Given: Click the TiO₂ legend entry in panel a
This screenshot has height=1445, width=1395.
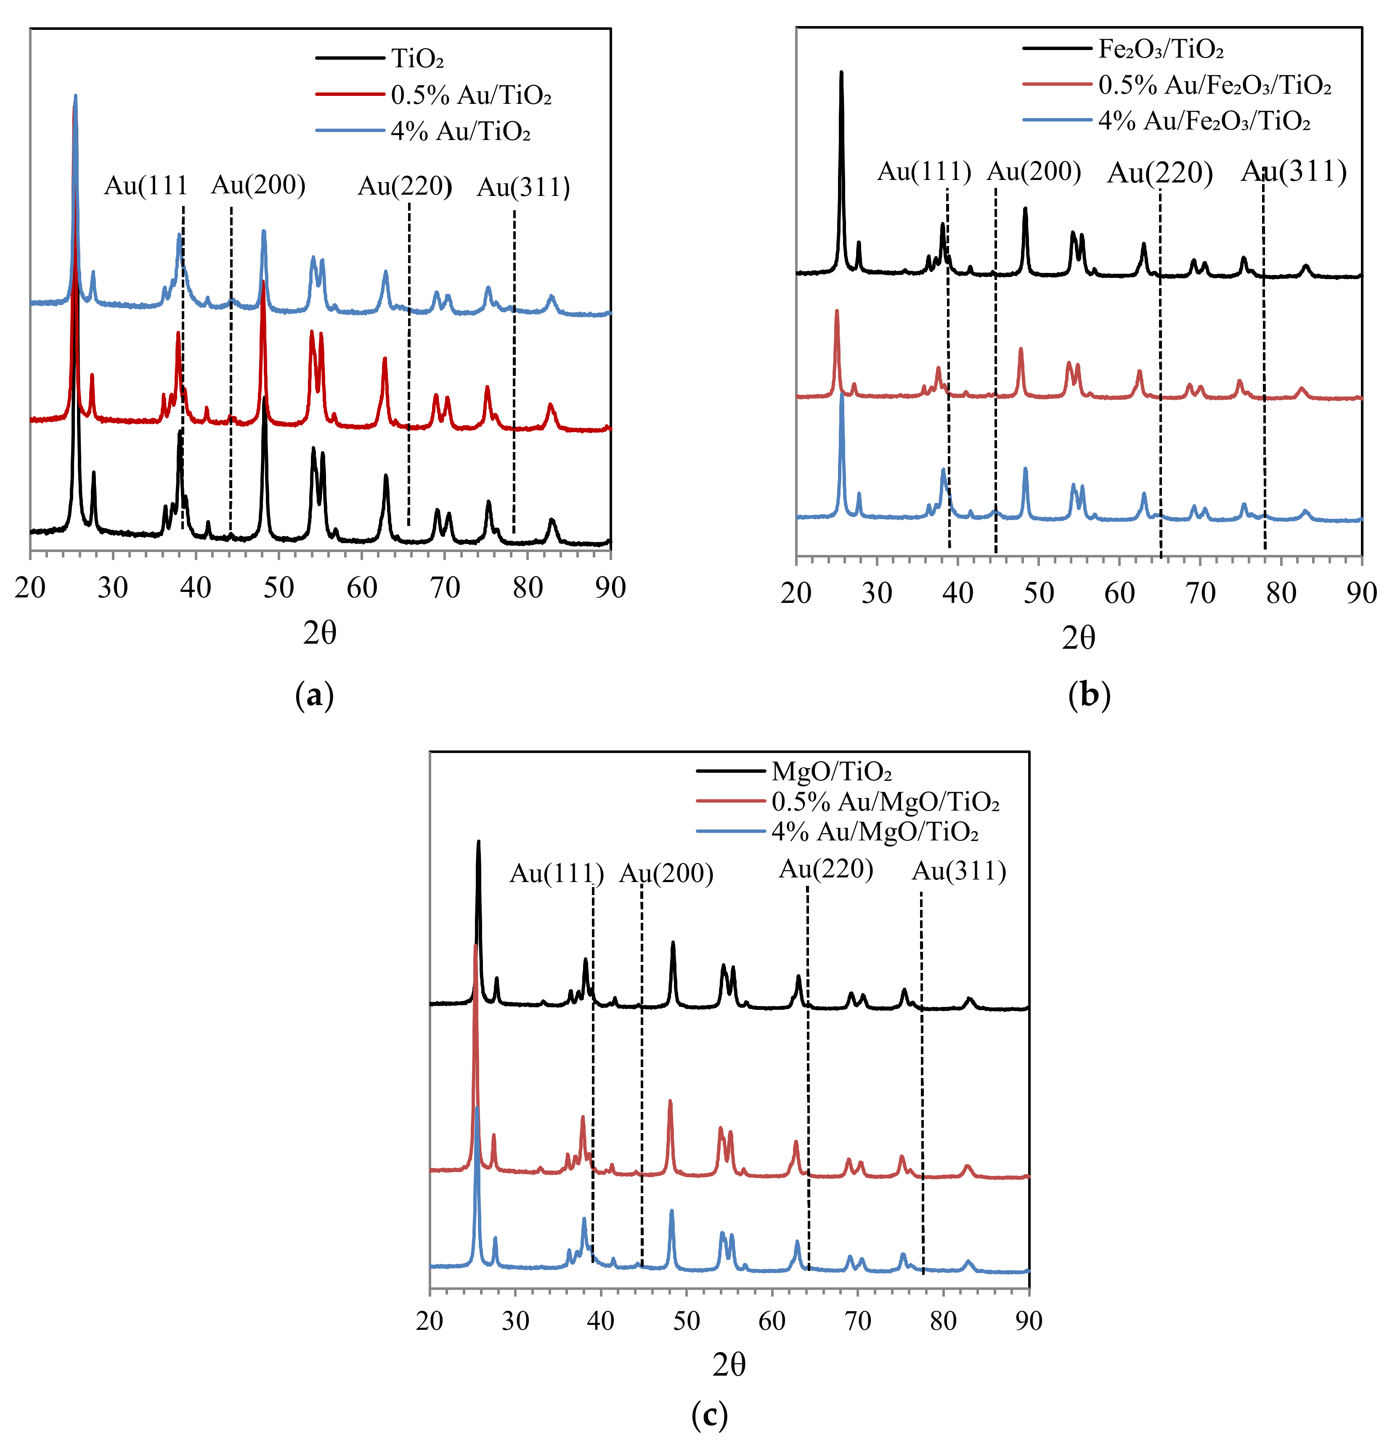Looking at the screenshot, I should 417,58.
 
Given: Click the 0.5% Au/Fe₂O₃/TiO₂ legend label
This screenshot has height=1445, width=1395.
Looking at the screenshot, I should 1214,85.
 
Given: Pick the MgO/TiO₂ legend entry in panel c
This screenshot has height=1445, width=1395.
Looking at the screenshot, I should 831,772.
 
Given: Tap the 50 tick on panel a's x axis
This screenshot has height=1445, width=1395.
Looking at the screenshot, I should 279,588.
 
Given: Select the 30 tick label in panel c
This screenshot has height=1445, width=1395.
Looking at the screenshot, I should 515,1321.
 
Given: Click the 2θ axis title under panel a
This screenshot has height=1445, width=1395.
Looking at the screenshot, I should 319,633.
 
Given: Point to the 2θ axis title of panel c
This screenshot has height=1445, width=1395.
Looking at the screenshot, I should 729,1366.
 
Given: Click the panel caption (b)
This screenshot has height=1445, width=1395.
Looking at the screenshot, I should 1089,695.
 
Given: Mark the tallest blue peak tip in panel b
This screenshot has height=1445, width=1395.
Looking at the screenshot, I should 842,394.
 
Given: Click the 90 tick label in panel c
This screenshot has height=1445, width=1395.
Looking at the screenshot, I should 1028,1321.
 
